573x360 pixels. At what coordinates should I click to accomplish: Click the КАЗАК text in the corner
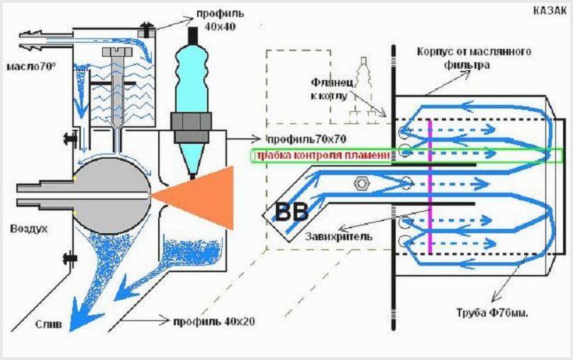pyautogui.click(x=549, y=11)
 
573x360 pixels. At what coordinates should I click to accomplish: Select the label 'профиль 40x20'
pyautogui.click(x=213, y=321)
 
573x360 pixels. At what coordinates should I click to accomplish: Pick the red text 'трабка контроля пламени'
pyautogui.click(x=322, y=156)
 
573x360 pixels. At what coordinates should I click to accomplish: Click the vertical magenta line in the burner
pyautogui.click(x=430, y=184)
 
